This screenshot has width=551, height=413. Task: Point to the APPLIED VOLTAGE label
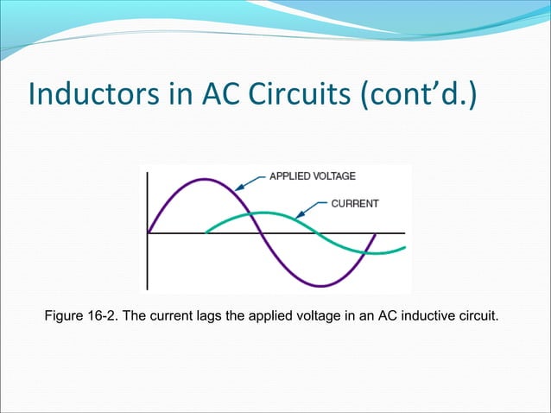(x=312, y=176)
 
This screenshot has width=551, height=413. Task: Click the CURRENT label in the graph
(x=355, y=204)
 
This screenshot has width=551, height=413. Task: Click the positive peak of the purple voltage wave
(x=205, y=179)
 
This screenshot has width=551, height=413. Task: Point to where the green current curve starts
(x=206, y=232)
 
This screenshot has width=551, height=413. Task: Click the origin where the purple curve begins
(x=149, y=233)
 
